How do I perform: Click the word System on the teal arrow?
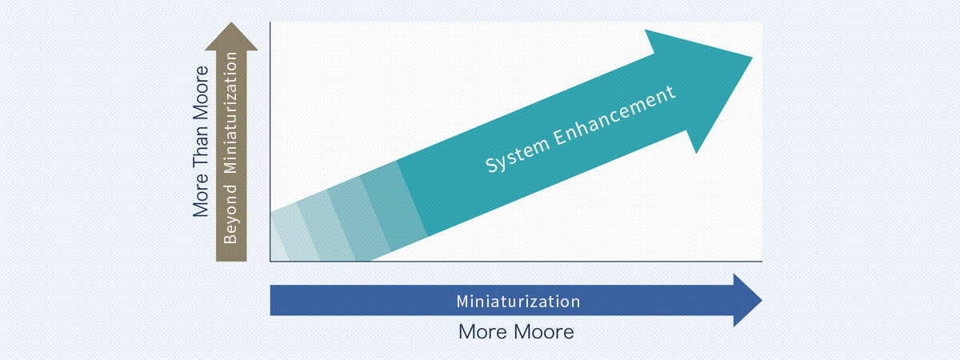pyautogui.click(x=518, y=155)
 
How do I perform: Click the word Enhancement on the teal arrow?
pyautogui.click(x=614, y=115)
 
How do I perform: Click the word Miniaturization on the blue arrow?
pyautogui.click(x=518, y=302)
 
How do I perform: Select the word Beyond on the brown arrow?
pyautogui.click(x=230, y=214)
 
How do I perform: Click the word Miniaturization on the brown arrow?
pyautogui.click(x=230, y=113)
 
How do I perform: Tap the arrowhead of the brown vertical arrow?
pyautogui.click(x=231, y=37)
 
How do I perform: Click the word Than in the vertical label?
pyautogui.click(x=200, y=146)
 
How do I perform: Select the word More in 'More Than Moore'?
pyautogui.click(x=200, y=195)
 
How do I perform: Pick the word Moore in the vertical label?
pyautogui.click(x=200, y=93)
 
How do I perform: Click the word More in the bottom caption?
pyautogui.click(x=483, y=332)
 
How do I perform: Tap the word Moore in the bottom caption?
pyautogui.click(x=544, y=332)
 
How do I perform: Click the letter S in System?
pyautogui.click(x=492, y=166)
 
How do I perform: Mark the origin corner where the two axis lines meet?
pyautogui.click(x=270, y=261)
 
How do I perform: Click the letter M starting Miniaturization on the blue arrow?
pyautogui.click(x=462, y=302)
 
